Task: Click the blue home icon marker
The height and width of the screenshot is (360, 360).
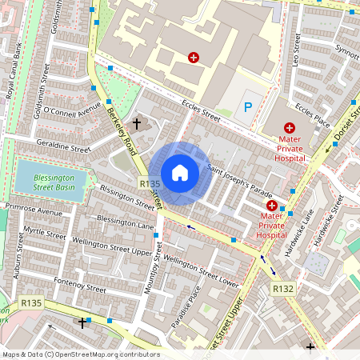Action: pos(180,172)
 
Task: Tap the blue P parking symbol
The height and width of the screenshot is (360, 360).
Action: pos(247,106)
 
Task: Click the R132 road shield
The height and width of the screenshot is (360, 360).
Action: pos(283,288)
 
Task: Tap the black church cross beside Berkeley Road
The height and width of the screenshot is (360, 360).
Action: pos(137,124)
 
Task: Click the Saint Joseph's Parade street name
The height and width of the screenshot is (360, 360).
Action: pos(239,182)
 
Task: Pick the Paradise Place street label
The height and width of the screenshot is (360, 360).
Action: pos(193,308)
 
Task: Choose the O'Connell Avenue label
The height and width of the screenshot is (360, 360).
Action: pos(73,108)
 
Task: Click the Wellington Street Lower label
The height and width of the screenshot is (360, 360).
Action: pos(201,270)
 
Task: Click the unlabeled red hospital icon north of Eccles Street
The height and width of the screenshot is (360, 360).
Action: pos(193,58)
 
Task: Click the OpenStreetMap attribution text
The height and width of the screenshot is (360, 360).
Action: pos(80,354)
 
